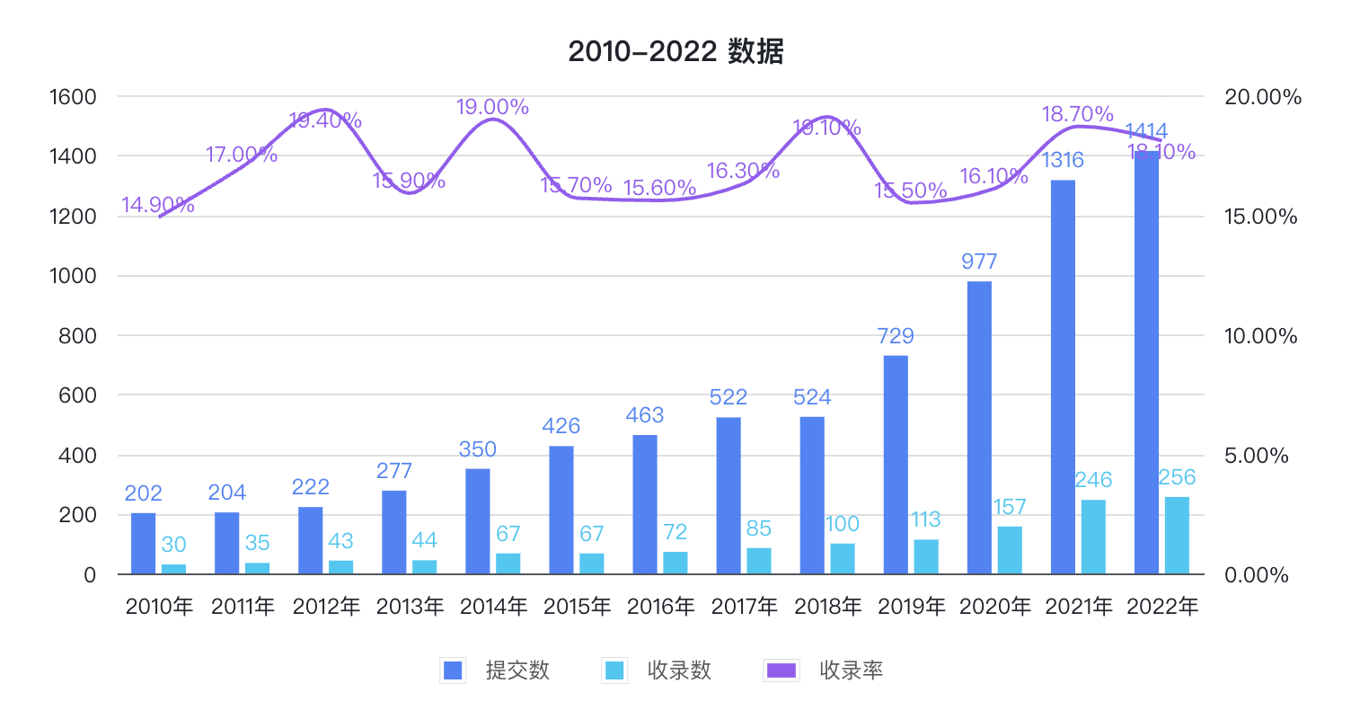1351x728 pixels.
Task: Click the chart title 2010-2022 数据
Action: (x=675, y=52)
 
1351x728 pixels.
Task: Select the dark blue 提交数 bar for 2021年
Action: (x=1063, y=377)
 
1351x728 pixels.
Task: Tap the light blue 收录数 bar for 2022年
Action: (x=1177, y=536)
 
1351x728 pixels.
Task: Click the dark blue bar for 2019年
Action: (x=896, y=465)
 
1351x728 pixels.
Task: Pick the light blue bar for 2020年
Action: (x=1010, y=550)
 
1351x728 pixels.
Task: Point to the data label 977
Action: (x=979, y=262)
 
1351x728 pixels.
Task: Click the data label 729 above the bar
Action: (x=896, y=336)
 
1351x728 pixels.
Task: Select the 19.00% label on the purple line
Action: (x=492, y=107)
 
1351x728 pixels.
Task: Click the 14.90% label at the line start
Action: (x=158, y=205)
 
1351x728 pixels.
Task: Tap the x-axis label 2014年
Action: (x=493, y=608)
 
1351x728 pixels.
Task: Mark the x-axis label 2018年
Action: (x=828, y=608)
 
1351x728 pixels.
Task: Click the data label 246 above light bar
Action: (x=1093, y=479)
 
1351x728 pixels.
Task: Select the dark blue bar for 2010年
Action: (x=143, y=544)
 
